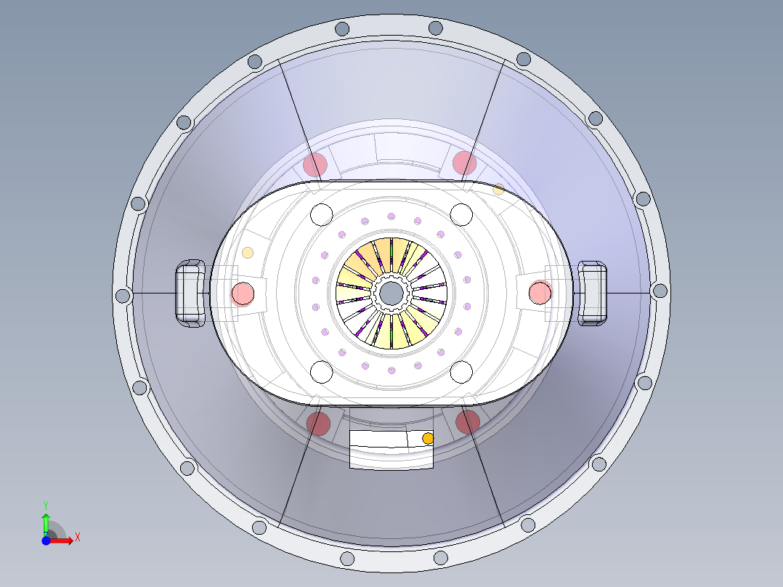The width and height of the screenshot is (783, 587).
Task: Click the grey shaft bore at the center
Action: (391, 293)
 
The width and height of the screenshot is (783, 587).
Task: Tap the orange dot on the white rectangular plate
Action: (427, 439)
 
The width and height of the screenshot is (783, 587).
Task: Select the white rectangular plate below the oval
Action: (385, 448)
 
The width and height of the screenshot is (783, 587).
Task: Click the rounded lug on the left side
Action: (190, 293)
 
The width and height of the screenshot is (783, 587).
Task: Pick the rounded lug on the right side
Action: (592, 293)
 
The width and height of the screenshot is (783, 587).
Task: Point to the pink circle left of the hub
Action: (242, 294)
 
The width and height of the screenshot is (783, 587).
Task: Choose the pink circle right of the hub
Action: (540, 293)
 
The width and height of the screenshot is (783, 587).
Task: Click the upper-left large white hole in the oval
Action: (321, 215)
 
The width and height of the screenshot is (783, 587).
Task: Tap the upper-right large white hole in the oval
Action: (462, 215)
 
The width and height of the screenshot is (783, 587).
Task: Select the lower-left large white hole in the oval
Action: (321, 371)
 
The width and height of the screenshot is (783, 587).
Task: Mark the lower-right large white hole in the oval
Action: (462, 371)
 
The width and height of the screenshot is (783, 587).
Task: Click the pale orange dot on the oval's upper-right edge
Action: (498, 190)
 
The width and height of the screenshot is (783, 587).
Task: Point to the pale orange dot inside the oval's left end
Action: (248, 253)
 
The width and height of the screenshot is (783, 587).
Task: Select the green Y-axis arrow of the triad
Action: (45, 522)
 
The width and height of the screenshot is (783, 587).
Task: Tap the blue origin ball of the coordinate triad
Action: (46, 540)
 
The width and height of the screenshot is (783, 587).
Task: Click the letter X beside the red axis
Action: (77, 537)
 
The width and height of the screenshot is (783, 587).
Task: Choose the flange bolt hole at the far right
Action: (660, 291)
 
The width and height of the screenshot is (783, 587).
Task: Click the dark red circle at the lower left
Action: (317, 422)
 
